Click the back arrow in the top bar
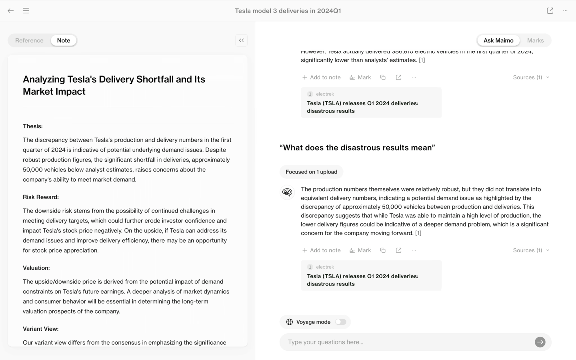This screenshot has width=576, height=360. [11, 11]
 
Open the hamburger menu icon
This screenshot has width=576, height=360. [26, 11]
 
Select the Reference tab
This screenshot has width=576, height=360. [29, 40]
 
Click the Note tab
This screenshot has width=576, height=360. [64, 40]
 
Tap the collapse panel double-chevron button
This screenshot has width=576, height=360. [242, 40]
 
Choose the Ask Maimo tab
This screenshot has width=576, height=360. [498, 40]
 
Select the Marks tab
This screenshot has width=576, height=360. [535, 40]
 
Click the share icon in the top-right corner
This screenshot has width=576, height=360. [550, 11]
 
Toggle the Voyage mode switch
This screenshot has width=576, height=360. [341, 322]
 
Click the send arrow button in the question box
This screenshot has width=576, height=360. [540, 342]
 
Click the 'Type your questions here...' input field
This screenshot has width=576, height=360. [407, 342]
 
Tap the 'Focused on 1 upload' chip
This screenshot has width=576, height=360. [311, 172]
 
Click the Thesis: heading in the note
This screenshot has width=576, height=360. [33, 126]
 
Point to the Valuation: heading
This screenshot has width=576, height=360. [36, 268]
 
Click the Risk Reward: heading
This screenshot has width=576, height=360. [41, 197]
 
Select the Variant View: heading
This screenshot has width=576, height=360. [41, 329]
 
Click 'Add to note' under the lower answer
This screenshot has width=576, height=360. [321, 250]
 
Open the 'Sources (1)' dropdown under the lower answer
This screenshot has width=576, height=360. [531, 250]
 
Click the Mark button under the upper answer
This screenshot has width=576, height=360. [360, 77]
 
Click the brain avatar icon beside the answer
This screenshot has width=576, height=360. [287, 192]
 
